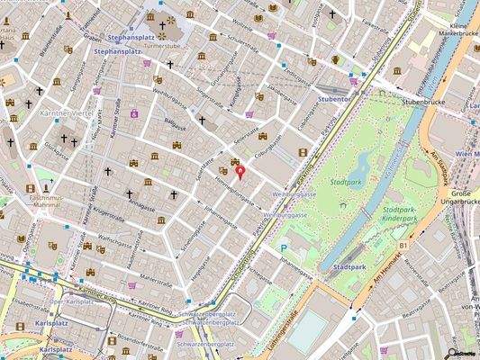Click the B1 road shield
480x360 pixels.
tap(404, 244)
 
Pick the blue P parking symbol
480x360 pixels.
tap(285, 247)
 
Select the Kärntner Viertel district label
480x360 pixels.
tap(67, 115)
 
